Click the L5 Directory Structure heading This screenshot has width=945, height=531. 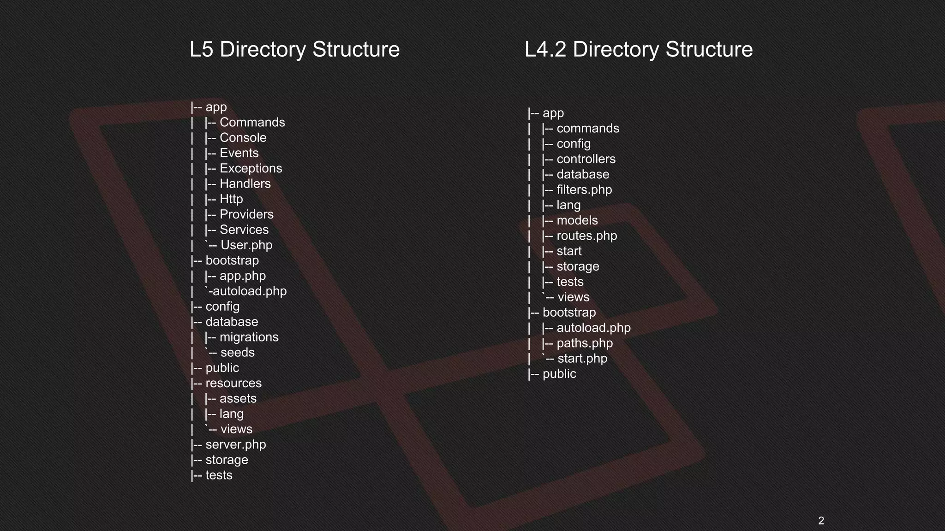pyautogui.click(x=294, y=49)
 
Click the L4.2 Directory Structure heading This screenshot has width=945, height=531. pyautogui.click(x=639, y=49)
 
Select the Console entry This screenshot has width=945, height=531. pyautogui.click(x=243, y=138)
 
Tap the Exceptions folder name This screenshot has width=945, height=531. pyautogui.click(x=251, y=168)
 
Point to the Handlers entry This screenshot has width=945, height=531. pyautogui.click(x=245, y=183)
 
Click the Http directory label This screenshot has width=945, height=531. pyautogui.click(x=231, y=199)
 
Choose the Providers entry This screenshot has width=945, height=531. pyautogui.click(x=246, y=214)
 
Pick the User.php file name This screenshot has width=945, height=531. pyautogui.click(x=246, y=245)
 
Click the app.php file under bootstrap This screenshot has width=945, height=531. pyautogui.click(x=243, y=276)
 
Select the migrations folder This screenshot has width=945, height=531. pyautogui.click(x=249, y=337)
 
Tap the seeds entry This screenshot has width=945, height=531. pyautogui.click(x=237, y=353)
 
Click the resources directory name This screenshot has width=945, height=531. pyautogui.click(x=233, y=383)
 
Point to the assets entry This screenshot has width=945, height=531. pyautogui.click(x=238, y=399)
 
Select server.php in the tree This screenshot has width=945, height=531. pyautogui.click(x=236, y=444)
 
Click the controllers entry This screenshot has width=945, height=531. pyautogui.click(x=586, y=159)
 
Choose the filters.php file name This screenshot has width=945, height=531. pyautogui.click(x=584, y=190)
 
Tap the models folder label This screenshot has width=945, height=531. pyautogui.click(x=577, y=220)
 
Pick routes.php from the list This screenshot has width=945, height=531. pyautogui.click(x=586, y=236)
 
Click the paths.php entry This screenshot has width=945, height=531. pyautogui.click(x=585, y=343)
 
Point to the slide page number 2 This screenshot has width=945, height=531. pyautogui.click(x=821, y=521)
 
